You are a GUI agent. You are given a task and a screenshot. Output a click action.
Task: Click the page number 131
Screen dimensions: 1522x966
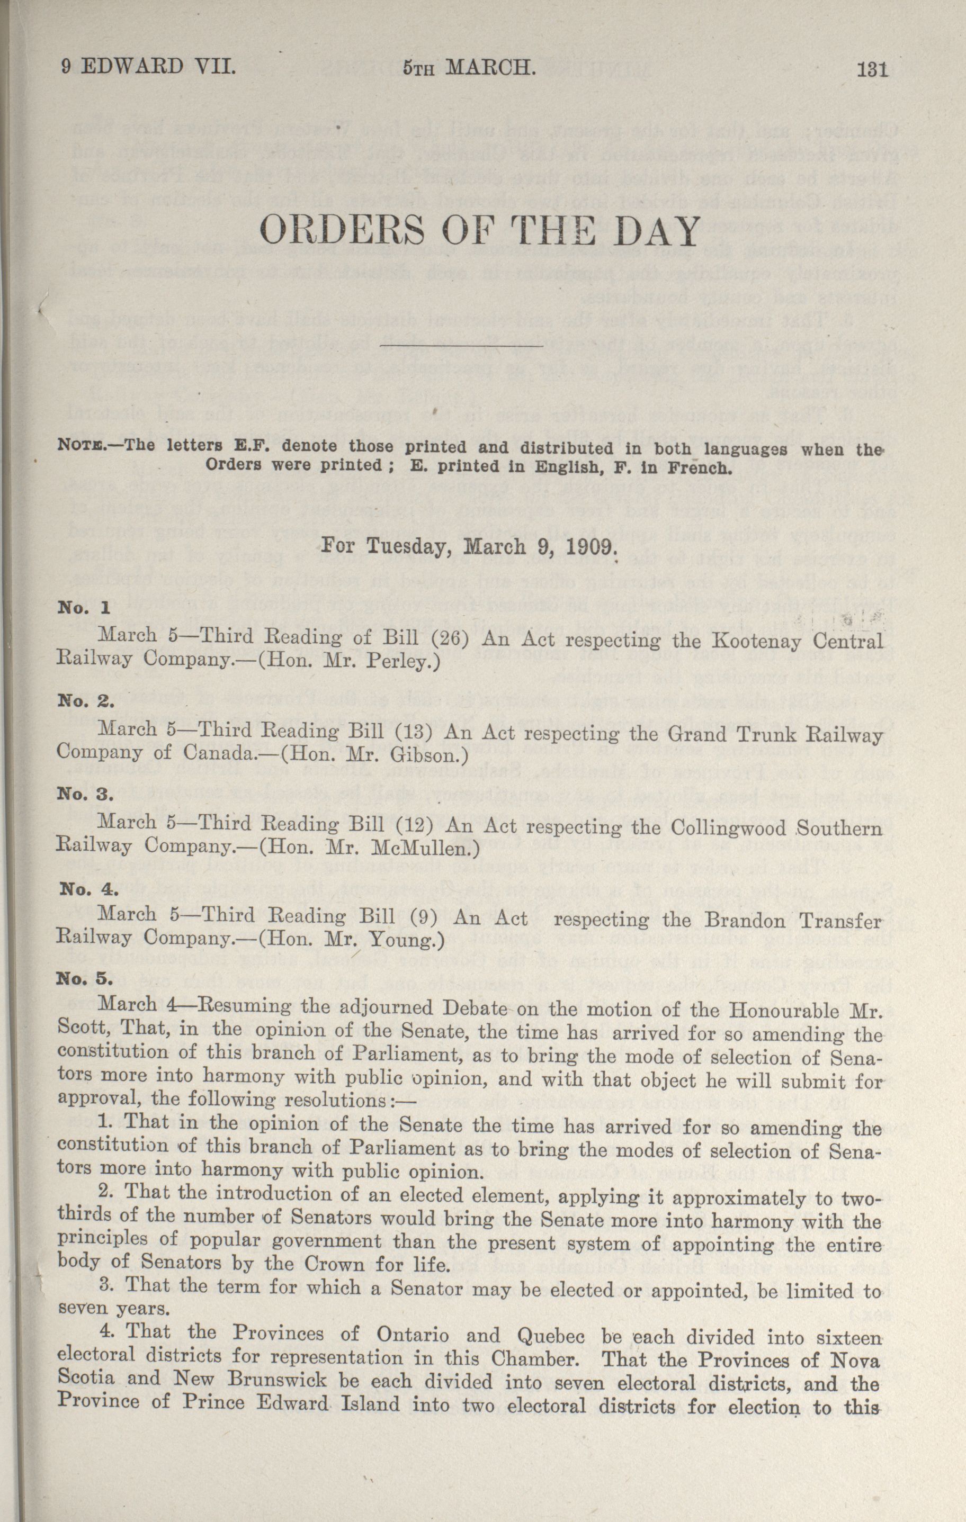872,68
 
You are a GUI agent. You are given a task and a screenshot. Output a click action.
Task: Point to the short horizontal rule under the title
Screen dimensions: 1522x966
461,347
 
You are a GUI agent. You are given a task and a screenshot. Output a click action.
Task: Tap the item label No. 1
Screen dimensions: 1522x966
84,608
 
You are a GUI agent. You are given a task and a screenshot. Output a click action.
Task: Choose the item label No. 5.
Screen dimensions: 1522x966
85,980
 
